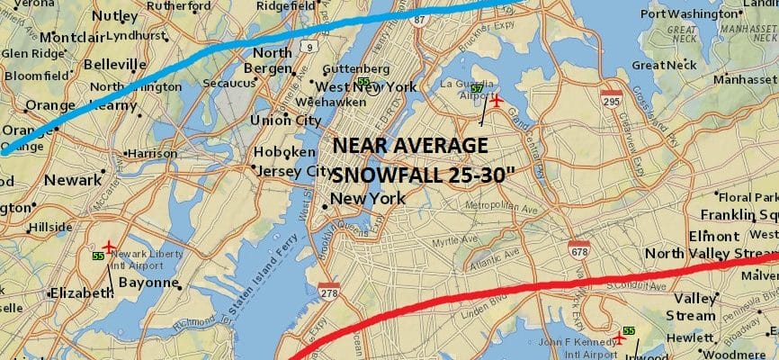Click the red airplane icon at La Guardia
pos(495,99)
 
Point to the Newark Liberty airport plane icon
pos(110,246)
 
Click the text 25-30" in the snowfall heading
pos(471,175)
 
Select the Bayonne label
pos(148,283)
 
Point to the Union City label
pos(285,120)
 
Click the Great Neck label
pos(665,65)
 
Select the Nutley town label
pos(114,15)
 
